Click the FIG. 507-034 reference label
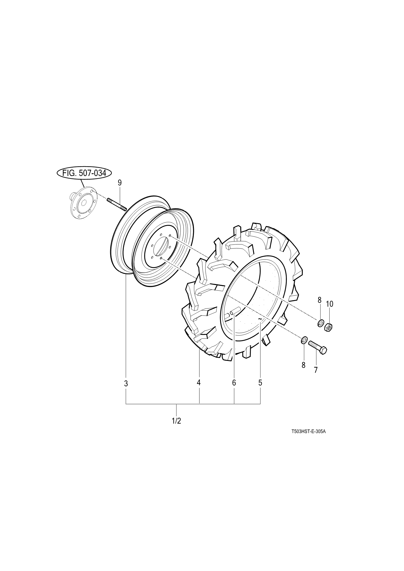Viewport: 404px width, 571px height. click(x=84, y=173)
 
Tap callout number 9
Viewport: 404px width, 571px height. click(x=120, y=183)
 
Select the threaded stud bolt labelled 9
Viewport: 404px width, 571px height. click(x=117, y=204)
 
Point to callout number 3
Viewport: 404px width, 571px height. click(x=126, y=384)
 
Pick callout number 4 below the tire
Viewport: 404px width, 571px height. click(x=199, y=382)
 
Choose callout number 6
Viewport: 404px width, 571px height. click(x=234, y=382)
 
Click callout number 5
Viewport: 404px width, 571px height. click(x=260, y=382)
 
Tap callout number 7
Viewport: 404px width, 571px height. click(x=316, y=370)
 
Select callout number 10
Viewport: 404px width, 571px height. click(x=329, y=304)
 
